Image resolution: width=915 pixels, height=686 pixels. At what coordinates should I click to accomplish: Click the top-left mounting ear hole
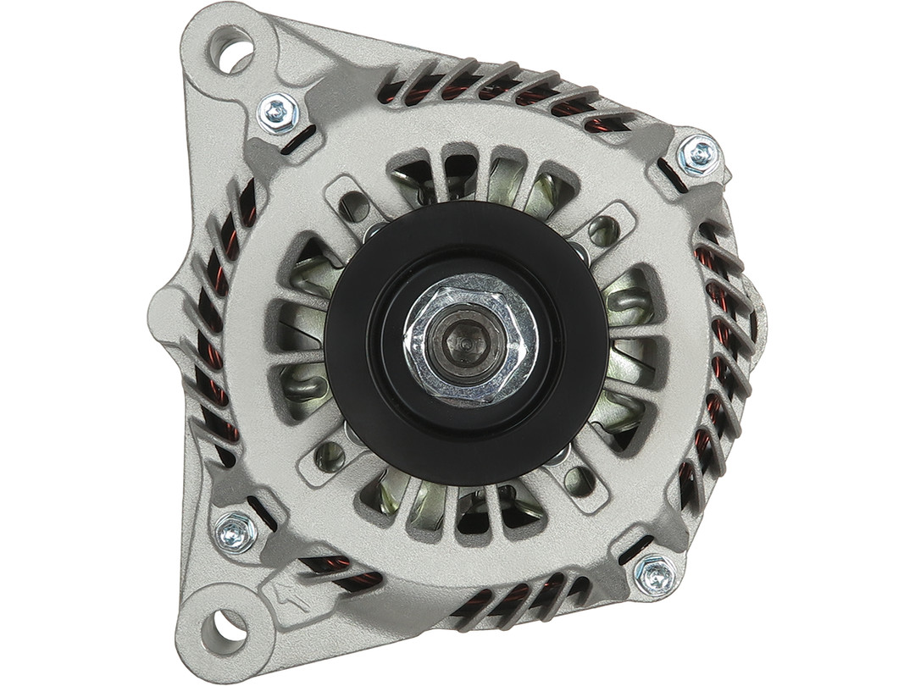coord(234,52)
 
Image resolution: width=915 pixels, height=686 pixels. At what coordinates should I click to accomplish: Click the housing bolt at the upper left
coord(278,112)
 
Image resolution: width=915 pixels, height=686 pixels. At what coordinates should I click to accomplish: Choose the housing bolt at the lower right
coord(657,575)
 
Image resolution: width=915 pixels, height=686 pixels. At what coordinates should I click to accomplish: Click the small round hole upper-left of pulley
coord(355,206)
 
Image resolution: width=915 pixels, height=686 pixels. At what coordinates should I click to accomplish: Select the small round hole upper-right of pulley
coord(603,230)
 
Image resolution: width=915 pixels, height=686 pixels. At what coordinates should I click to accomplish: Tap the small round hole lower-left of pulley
coord(330,457)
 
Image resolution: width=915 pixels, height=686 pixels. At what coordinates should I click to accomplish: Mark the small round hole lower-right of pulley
coord(579,481)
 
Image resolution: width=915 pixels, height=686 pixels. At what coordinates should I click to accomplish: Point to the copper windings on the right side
coord(720,339)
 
